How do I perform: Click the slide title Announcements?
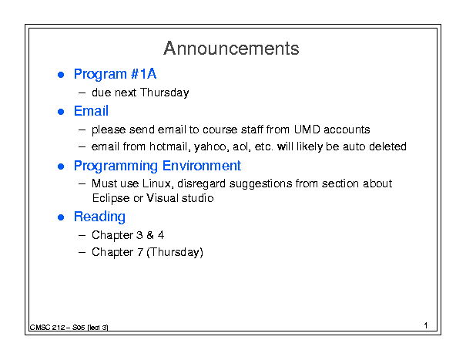coord(231,49)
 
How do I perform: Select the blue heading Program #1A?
coord(115,74)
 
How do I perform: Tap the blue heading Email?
coord(91,111)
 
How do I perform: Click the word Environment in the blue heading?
coord(202,166)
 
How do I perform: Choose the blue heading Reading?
coord(99,217)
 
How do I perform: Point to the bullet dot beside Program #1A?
coord(61,75)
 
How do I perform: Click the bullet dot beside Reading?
coord(61,217)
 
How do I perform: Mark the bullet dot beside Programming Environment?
coord(61,167)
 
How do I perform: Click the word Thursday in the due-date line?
coord(164,93)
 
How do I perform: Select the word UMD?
coord(307,130)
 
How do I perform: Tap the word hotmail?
coord(170,146)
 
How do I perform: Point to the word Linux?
coord(157,183)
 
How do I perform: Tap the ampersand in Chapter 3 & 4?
coord(150,235)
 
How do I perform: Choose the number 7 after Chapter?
coord(140,252)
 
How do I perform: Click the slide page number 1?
coord(426,325)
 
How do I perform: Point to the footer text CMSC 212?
coord(47,328)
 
